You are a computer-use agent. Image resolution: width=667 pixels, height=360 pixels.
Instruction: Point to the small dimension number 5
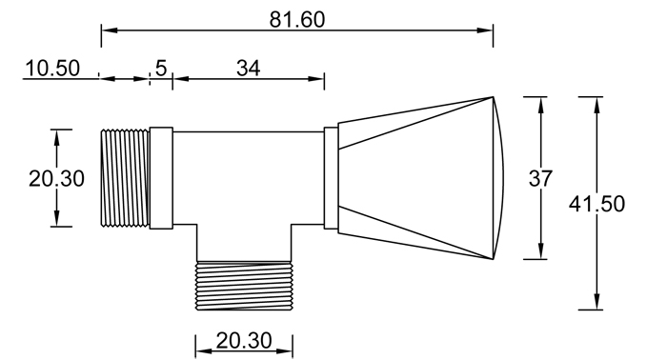pos(160,68)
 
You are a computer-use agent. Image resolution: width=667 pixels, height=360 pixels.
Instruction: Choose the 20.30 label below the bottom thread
pos(244,340)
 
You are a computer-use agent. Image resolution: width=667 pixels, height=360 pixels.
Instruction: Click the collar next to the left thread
pos(161,178)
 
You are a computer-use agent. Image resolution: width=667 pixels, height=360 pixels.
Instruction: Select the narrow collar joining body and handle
pos(331,178)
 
